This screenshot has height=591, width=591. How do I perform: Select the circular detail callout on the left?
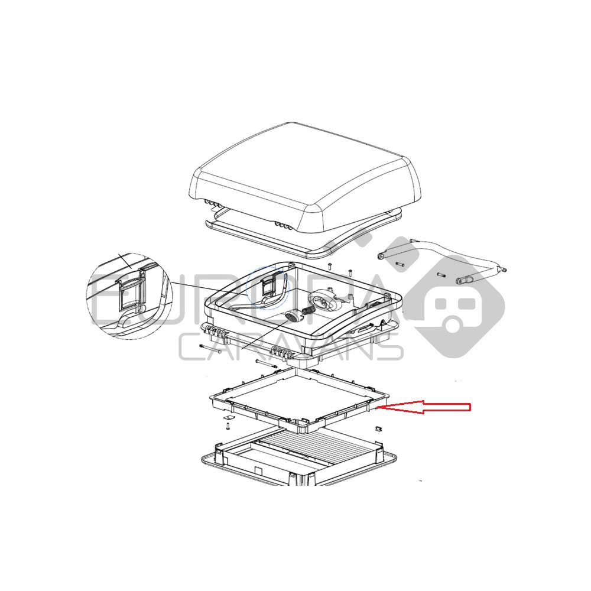[129, 296]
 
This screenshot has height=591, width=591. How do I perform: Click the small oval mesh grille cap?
[291, 316]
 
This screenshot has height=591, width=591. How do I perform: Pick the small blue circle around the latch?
[267, 287]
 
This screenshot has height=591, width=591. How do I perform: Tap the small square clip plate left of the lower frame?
[228, 418]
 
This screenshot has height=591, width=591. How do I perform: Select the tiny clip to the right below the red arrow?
[378, 428]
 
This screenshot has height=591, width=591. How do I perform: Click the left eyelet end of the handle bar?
[381, 256]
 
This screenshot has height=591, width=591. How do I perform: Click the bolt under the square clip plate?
[228, 426]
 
